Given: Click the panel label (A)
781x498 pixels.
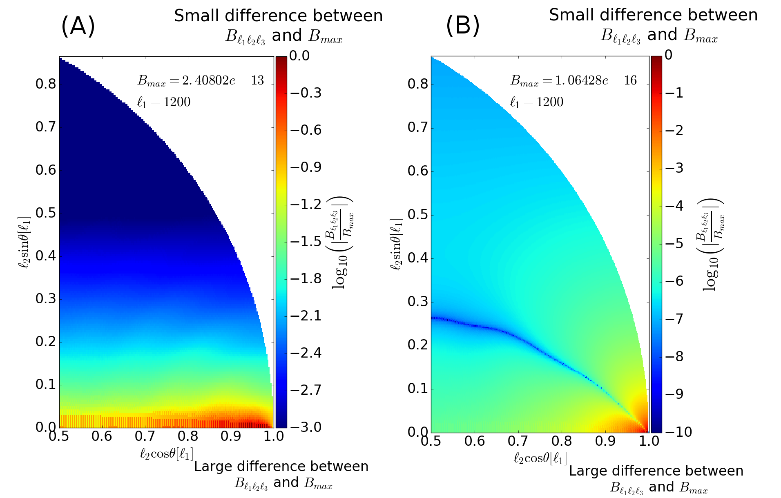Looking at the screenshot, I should coord(78,27).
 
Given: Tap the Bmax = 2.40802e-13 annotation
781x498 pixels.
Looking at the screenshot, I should coord(201,80).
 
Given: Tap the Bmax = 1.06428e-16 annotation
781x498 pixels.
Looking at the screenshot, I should coord(573,80).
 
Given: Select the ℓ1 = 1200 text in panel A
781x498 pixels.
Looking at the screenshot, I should coord(164,102).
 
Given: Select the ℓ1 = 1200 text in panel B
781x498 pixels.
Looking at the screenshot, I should coord(537,102).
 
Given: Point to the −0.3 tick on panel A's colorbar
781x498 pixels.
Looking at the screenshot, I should coord(306,93).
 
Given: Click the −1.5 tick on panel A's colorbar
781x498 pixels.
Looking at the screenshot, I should coord(306,242).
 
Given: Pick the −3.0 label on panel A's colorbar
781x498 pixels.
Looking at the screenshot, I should coord(306,427).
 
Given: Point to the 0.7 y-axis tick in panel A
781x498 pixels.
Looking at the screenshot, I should coord(45,127).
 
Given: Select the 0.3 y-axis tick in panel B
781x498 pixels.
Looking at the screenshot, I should coord(418,302).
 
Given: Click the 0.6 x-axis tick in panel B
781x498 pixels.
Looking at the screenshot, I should coord(475,441).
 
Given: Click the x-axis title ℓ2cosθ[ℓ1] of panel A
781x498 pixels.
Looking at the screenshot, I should coord(166,454).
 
